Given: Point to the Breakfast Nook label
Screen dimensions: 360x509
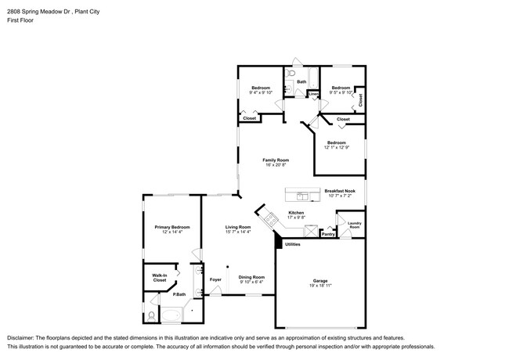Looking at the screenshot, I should [341, 190].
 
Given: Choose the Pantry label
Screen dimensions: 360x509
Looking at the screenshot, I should [328, 233].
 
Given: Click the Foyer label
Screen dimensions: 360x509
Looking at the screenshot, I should [215, 279].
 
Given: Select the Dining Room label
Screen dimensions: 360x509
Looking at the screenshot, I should [251, 277].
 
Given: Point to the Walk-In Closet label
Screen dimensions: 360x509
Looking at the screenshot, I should [159, 277].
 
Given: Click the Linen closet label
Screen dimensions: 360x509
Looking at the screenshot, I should [313, 95].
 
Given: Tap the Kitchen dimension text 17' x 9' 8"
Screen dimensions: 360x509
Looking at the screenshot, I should [296, 218].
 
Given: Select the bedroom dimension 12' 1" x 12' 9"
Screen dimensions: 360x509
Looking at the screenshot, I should [337, 148].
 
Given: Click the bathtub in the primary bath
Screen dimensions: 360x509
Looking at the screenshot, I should [171, 315].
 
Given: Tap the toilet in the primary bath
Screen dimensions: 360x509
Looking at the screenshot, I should [150, 315].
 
